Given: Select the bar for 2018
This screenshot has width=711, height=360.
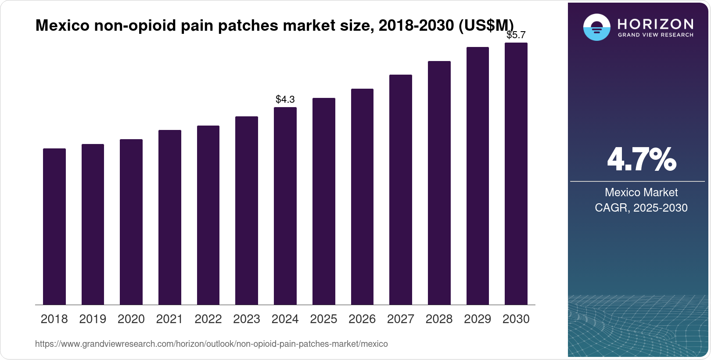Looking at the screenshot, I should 54,227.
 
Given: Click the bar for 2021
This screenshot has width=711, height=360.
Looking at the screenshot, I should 170,217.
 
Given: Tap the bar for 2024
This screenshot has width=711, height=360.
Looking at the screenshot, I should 285,206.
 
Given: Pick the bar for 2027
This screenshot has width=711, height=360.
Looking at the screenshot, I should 401,190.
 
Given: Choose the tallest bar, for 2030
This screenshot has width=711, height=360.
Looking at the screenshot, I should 516,174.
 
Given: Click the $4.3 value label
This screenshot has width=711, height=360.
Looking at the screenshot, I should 285,100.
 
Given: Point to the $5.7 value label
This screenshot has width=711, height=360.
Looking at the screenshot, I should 516,35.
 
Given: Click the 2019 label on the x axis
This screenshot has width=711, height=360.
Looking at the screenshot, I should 93,319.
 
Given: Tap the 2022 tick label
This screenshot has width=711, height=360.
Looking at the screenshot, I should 208,319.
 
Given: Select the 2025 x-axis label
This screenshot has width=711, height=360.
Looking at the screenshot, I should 323,319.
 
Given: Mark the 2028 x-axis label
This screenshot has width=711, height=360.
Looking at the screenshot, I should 439,319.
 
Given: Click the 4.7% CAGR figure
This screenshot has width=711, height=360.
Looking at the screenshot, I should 641,160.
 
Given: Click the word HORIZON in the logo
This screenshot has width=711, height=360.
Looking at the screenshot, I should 656,24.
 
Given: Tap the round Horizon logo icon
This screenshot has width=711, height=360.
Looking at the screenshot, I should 596,27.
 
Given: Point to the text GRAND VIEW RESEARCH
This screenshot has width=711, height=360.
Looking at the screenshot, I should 656,35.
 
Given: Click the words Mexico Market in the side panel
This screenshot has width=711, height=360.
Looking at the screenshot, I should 641,192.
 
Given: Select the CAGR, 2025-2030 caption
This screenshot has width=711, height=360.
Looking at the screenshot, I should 641,208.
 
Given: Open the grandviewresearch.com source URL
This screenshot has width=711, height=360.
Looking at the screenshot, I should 211,344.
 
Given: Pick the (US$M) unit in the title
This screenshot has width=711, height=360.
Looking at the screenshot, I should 486,25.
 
